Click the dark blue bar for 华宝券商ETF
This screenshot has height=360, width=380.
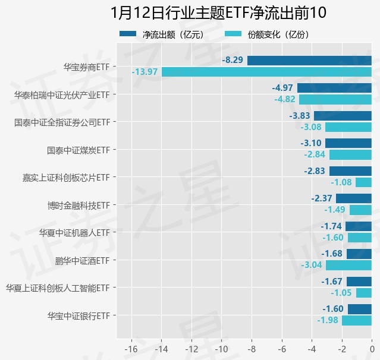(309, 60)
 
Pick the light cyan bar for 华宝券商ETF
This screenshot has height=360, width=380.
(266, 72)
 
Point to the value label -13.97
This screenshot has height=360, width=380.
(145, 72)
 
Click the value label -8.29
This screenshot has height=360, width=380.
(233, 60)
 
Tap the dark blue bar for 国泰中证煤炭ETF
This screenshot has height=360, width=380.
(348, 143)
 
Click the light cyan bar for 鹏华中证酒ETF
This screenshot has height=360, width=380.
(348, 265)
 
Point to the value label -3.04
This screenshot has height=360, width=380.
(312, 265)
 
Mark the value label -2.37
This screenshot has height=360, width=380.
(322, 198)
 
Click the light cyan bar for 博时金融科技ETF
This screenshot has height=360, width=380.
(360, 210)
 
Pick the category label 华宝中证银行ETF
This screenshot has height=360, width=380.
(78, 315)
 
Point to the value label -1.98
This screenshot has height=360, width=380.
(328, 320)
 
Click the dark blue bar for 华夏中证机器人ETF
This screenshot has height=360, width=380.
(359, 226)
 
